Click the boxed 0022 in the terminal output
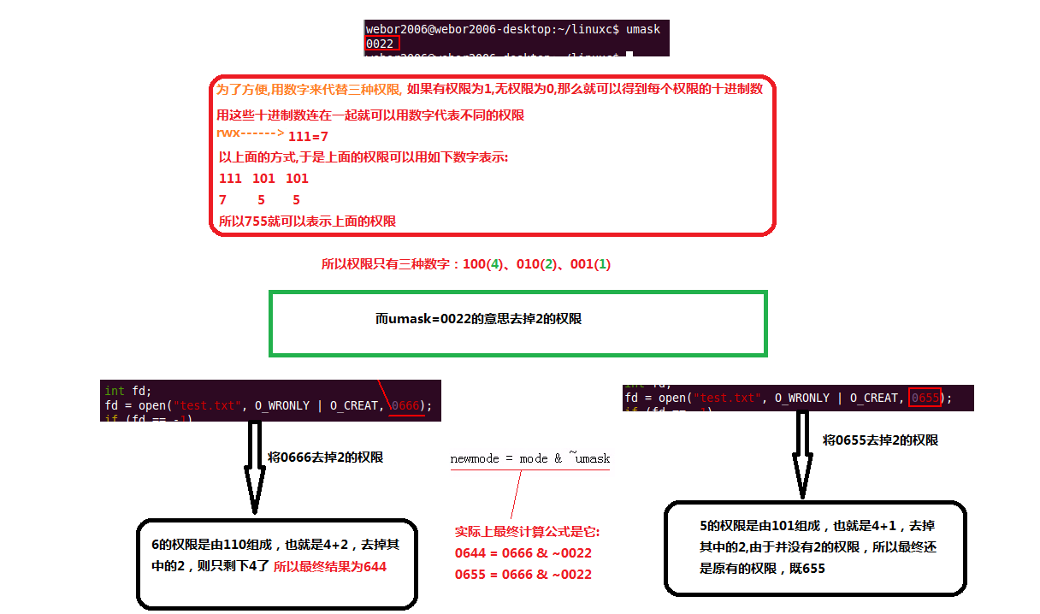[x=381, y=43]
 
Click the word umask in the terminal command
[x=642, y=29]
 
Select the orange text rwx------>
[x=250, y=133]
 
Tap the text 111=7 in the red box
[x=308, y=137]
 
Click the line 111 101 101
[x=263, y=179]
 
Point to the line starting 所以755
[x=307, y=221]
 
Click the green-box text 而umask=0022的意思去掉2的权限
[x=478, y=319]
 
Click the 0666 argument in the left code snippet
[x=406, y=405]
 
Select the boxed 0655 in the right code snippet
[x=925, y=398]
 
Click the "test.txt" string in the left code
[x=202, y=405]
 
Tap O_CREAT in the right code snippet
[x=877, y=398]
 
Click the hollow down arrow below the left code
[x=255, y=466]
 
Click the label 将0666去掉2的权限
[x=325, y=458]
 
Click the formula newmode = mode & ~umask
[x=529, y=458]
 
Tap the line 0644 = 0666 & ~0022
[x=523, y=553]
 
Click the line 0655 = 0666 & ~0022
[x=523, y=574]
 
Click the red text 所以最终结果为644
[x=330, y=566]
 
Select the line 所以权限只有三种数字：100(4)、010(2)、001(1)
[x=465, y=265]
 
